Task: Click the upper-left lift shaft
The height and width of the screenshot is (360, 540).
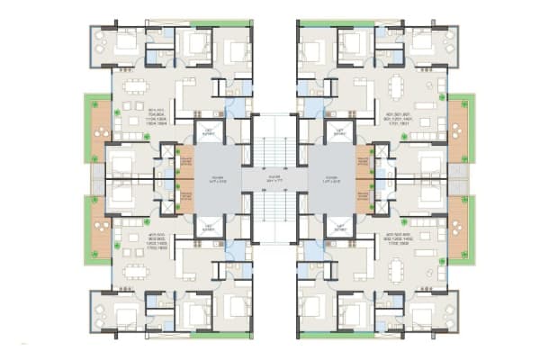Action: click(x=209, y=133)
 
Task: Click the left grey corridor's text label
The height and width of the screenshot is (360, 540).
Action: click(x=218, y=179)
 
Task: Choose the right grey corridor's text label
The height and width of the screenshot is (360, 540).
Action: click(x=322, y=179)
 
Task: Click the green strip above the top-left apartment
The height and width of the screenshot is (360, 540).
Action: click(x=221, y=22)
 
